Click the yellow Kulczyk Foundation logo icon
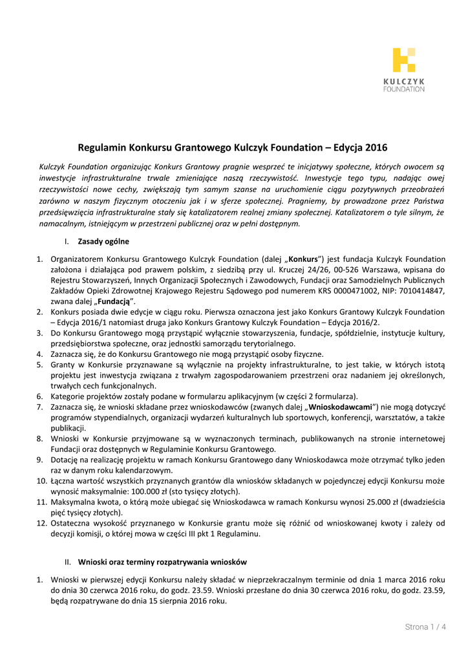tap(403, 59)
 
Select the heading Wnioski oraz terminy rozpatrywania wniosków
tap(162, 562)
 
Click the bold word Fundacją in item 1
tap(115, 302)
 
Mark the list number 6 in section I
tap(39, 396)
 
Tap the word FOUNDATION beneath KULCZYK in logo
tap(404, 89)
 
